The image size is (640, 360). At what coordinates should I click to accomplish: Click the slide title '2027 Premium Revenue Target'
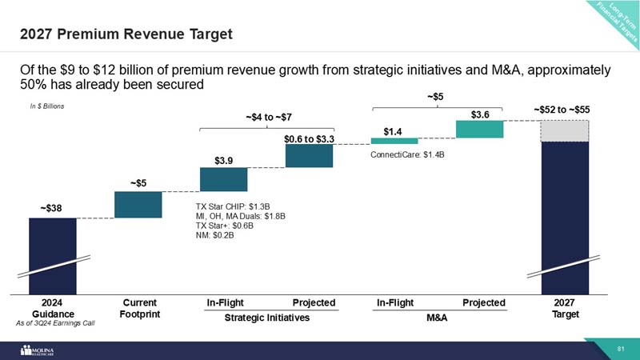click(x=126, y=34)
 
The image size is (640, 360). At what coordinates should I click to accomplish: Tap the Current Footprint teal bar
click(x=138, y=204)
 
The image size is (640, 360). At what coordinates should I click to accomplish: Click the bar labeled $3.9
click(x=224, y=179)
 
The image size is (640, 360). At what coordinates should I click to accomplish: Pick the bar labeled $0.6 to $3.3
click(x=309, y=156)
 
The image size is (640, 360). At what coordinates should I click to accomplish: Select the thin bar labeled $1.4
click(x=394, y=141)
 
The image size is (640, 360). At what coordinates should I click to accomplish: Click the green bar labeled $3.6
click(x=479, y=129)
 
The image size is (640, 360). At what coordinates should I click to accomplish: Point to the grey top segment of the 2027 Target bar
click(x=565, y=130)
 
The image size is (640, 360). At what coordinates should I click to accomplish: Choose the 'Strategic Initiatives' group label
click(x=266, y=318)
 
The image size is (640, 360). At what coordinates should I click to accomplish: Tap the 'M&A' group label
click(x=437, y=318)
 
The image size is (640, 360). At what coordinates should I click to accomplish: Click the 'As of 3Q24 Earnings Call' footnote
click(x=56, y=324)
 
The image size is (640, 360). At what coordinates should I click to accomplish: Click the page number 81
click(x=620, y=350)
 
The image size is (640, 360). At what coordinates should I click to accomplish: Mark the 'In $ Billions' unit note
click(x=42, y=106)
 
